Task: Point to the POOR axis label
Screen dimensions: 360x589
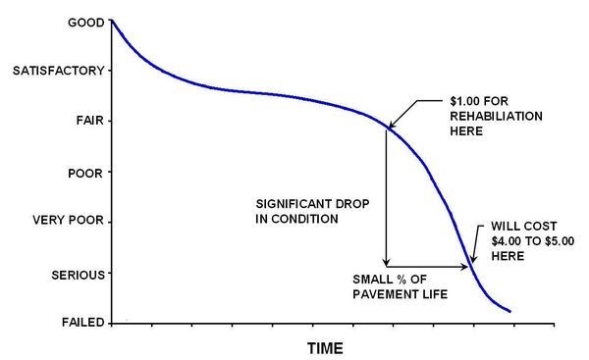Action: point(83,173)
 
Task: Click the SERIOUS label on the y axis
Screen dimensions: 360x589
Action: point(75,273)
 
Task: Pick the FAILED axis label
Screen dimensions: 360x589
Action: point(80,323)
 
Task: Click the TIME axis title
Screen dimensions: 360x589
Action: point(325,347)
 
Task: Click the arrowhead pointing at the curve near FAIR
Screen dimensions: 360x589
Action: point(391,125)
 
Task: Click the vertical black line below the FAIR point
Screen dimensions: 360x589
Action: point(386,196)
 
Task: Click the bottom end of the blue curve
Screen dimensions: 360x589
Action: point(509,312)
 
